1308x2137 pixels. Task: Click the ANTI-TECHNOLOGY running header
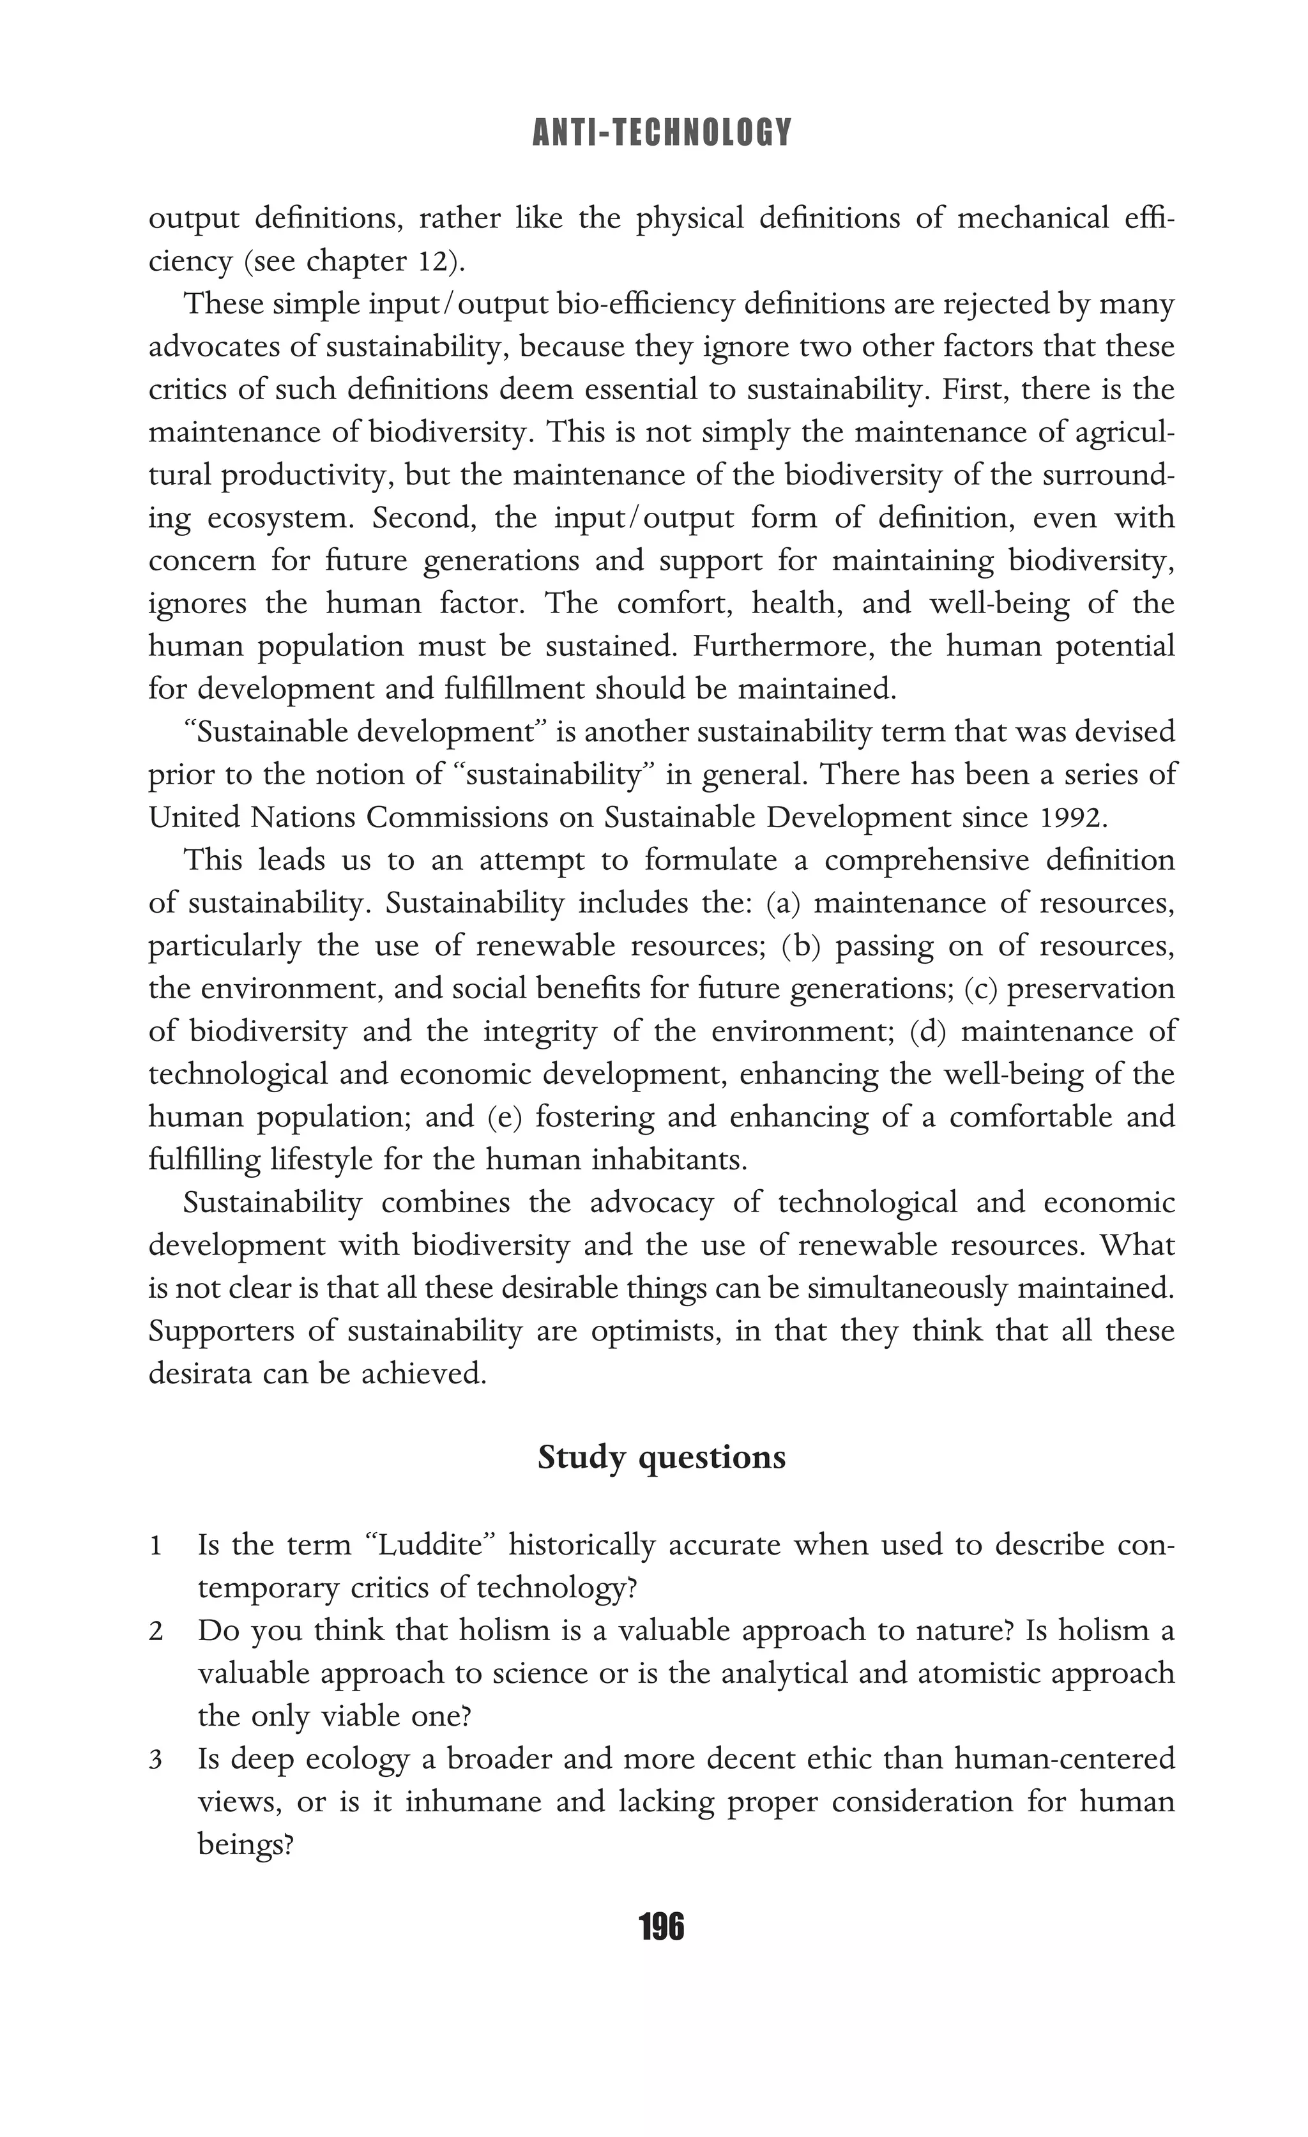[x=662, y=133]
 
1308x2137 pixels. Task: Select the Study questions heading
[x=661, y=1458]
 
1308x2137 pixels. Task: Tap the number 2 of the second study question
[x=156, y=1631]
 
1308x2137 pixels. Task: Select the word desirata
[x=199, y=1374]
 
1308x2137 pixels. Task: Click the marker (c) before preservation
[x=981, y=989]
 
